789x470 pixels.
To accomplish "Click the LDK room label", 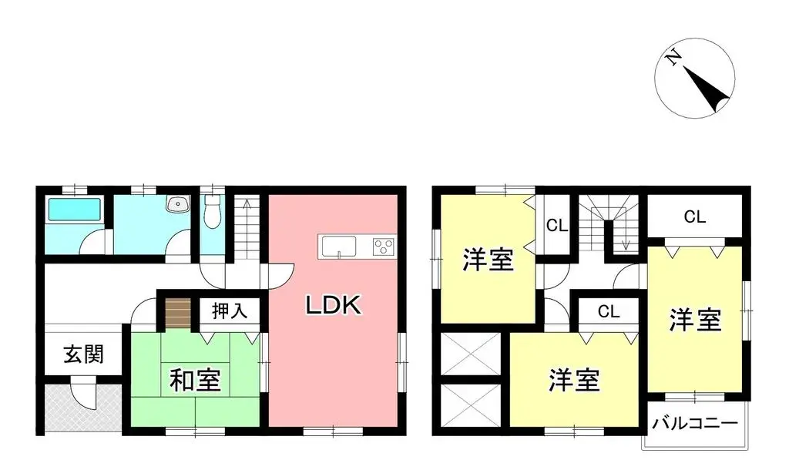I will tap(334, 305).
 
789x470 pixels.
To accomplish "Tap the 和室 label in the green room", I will tap(195, 380).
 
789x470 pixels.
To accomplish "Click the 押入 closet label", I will tap(229, 311).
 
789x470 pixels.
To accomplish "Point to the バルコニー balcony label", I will tap(695, 423).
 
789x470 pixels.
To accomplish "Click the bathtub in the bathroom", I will tap(74, 210).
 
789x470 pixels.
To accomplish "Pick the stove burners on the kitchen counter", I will tap(384, 247).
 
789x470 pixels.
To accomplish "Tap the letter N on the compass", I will tap(673, 59).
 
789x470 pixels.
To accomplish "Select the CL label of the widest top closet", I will tap(694, 217).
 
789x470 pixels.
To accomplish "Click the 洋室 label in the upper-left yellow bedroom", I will tap(488, 260).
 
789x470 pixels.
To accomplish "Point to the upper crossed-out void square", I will tap(472, 354).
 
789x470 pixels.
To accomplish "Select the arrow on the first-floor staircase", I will tap(247, 205).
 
